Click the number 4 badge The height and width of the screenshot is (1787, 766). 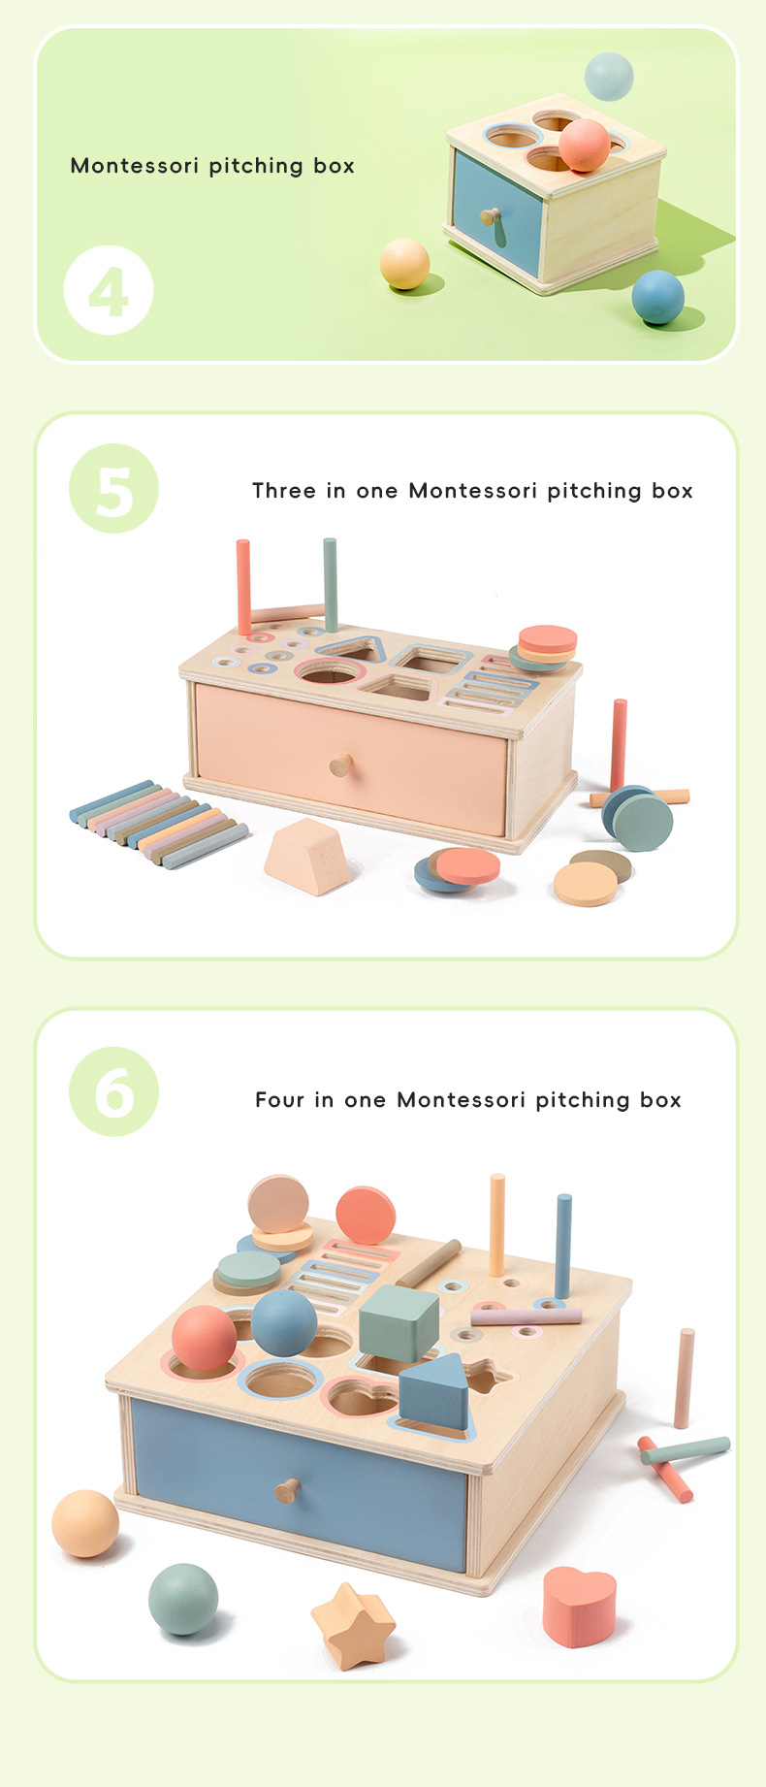pyautogui.click(x=109, y=290)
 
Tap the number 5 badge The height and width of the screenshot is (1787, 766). pyautogui.click(x=113, y=488)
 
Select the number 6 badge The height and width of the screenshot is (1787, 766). pyautogui.click(x=113, y=1091)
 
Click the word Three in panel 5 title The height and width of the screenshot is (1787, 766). pyautogui.click(x=284, y=491)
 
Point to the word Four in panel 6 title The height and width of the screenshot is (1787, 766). pyautogui.click(x=279, y=1099)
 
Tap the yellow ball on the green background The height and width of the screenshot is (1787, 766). pyautogui.click(x=404, y=264)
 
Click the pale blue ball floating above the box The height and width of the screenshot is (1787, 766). pyautogui.click(x=609, y=77)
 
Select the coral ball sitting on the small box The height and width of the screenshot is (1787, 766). pyautogui.click(x=584, y=146)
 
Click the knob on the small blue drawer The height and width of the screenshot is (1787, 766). pyautogui.click(x=491, y=217)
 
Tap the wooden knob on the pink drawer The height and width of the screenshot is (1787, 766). pyautogui.click(x=340, y=765)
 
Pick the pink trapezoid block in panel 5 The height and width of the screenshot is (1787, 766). pyautogui.click(x=307, y=856)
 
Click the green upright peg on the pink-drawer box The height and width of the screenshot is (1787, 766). pyautogui.click(x=330, y=585)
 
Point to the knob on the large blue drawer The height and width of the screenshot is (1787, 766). pyautogui.click(x=287, y=1490)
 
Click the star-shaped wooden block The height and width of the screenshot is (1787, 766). pyautogui.click(x=353, y=1625)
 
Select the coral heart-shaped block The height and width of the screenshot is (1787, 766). pyautogui.click(x=580, y=1606)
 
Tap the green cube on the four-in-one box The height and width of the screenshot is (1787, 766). pyautogui.click(x=399, y=1322)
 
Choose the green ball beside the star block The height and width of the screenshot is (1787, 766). pyautogui.click(x=183, y=1599)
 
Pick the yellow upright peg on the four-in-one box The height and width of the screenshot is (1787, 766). pyautogui.click(x=497, y=1225)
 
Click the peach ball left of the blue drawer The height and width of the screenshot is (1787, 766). pyautogui.click(x=85, y=1523)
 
